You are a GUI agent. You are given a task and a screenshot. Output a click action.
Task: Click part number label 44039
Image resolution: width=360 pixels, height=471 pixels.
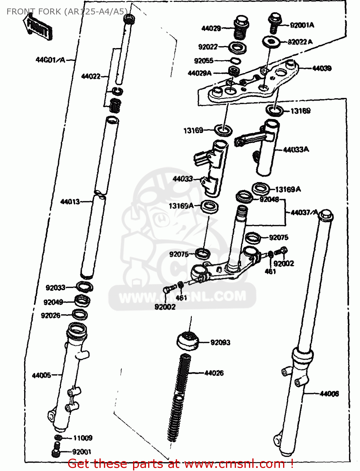tap(321, 68)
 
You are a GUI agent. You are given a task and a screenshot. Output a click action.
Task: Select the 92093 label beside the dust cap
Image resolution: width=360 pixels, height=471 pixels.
tap(220, 342)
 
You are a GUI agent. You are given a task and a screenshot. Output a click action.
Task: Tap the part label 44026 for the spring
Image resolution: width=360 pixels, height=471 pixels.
tap(214, 373)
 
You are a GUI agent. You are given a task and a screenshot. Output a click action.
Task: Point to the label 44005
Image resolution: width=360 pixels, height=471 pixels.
tap(41, 375)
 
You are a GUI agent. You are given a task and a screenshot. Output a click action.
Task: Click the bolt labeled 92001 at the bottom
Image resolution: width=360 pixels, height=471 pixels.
tap(56, 450)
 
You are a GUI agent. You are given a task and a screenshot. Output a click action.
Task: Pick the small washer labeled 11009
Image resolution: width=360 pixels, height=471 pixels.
tap(58, 438)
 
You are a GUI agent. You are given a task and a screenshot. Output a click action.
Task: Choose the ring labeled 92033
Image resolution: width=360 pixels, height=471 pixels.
tap(84, 287)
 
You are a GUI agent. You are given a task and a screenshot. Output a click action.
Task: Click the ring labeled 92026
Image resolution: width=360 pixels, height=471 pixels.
tap(80, 314)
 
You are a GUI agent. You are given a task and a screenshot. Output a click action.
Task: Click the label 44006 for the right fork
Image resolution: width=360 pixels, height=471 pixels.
tap(329, 393)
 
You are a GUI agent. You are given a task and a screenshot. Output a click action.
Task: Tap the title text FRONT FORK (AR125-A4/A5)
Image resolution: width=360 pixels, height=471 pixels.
tap(67, 12)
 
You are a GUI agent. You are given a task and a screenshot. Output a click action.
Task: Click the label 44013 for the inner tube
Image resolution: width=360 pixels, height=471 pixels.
tap(70, 202)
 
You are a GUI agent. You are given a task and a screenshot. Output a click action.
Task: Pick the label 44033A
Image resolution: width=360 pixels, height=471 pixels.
tap(296, 150)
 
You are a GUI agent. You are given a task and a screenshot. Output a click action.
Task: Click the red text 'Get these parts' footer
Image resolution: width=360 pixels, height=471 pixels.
tap(180, 463)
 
